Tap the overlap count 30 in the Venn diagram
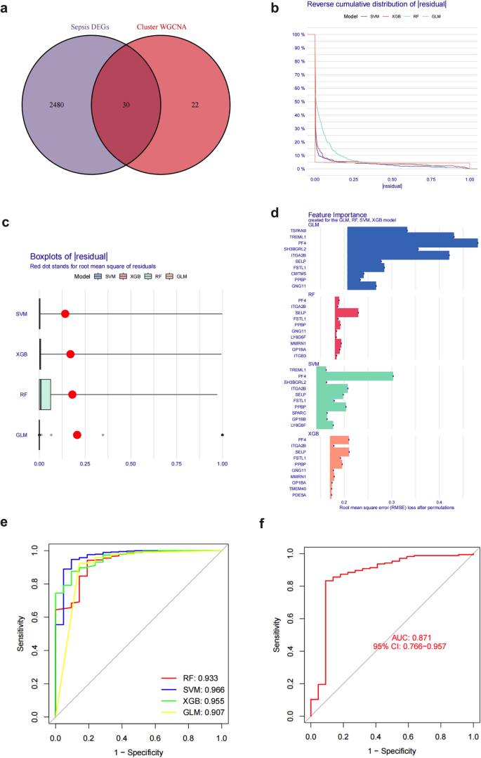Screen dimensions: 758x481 [126, 105]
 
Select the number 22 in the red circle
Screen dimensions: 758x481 [195, 105]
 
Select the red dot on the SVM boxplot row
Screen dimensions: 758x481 [65, 313]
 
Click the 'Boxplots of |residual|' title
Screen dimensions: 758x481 [68, 257]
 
